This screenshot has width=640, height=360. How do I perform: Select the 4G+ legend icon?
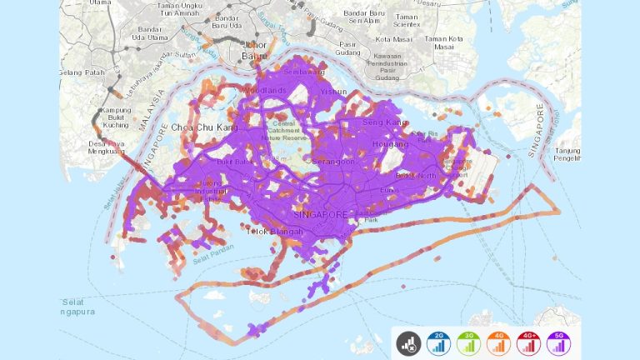pos(527,342)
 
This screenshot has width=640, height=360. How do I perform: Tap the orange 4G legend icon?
pos(497,342)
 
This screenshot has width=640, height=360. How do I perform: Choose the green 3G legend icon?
pos(467,342)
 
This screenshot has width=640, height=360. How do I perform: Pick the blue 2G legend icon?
pos(437,342)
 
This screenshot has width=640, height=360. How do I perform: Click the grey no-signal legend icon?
pos(407,342)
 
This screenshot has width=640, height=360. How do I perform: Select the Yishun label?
pos(333,92)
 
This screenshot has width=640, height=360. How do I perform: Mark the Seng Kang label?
pos(386,123)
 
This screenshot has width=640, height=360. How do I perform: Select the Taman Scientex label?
pos(408,22)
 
